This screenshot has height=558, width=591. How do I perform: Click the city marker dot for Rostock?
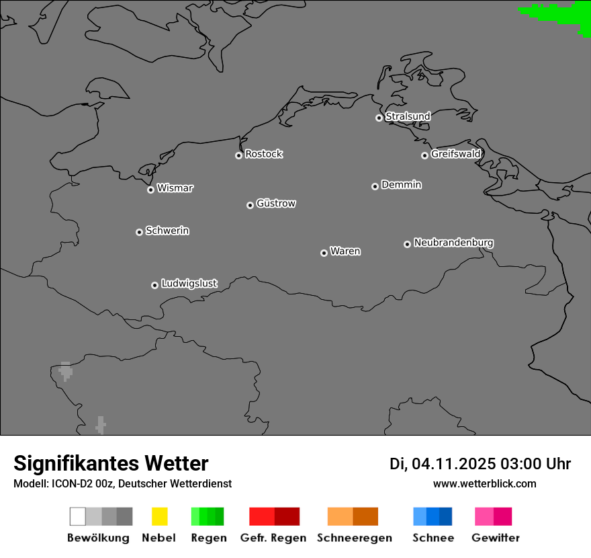[238, 155]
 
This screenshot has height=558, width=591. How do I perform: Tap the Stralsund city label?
[408, 116]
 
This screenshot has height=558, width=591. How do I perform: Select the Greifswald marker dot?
[424, 155]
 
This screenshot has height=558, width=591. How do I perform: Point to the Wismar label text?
[175, 188]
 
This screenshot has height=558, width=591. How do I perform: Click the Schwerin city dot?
[139, 232]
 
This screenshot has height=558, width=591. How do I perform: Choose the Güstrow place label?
[276, 203]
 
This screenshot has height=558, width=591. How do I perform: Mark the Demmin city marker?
[375, 186]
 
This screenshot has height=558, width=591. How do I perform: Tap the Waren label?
[345, 251]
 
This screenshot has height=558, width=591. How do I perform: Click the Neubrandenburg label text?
[453, 243]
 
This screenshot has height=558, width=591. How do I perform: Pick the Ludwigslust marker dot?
[154, 285]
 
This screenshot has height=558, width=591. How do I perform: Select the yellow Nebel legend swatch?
[159, 516]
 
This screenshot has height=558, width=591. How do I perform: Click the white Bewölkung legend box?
[78, 516]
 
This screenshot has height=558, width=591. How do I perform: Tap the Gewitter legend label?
[496, 538]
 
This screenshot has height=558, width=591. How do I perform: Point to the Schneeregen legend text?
[355, 538]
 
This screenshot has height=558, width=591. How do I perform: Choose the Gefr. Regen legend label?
[273, 538]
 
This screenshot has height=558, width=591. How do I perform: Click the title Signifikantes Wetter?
[111, 463]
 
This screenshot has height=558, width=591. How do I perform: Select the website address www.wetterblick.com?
[484, 483]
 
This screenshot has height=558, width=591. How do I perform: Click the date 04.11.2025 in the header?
[454, 464]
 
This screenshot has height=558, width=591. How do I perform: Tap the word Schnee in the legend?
[433, 538]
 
